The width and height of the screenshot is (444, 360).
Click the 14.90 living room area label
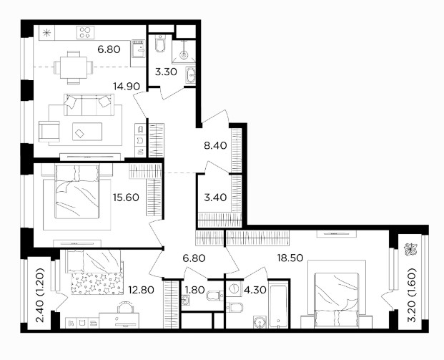click(x=127, y=86)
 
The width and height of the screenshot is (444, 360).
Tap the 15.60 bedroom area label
click(x=126, y=197)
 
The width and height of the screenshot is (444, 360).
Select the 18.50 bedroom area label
click(x=290, y=258)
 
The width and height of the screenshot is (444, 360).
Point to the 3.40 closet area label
click(x=215, y=197)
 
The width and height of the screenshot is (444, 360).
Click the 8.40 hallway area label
click(x=215, y=146)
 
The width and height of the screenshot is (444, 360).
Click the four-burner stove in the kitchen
click(x=85, y=32)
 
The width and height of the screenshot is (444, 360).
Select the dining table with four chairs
click(x=74, y=68)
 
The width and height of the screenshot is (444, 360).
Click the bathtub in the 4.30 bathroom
click(x=279, y=304)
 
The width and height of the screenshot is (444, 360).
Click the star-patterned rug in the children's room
click(x=97, y=283)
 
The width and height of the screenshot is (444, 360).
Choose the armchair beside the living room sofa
click(x=49, y=132)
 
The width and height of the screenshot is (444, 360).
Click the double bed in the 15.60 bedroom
click(x=77, y=193)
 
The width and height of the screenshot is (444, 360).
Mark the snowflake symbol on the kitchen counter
click(x=46, y=33)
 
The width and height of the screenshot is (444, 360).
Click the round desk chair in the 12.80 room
click(x=124, y=307)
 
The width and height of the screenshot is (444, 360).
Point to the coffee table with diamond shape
click(x=87, y=132)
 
